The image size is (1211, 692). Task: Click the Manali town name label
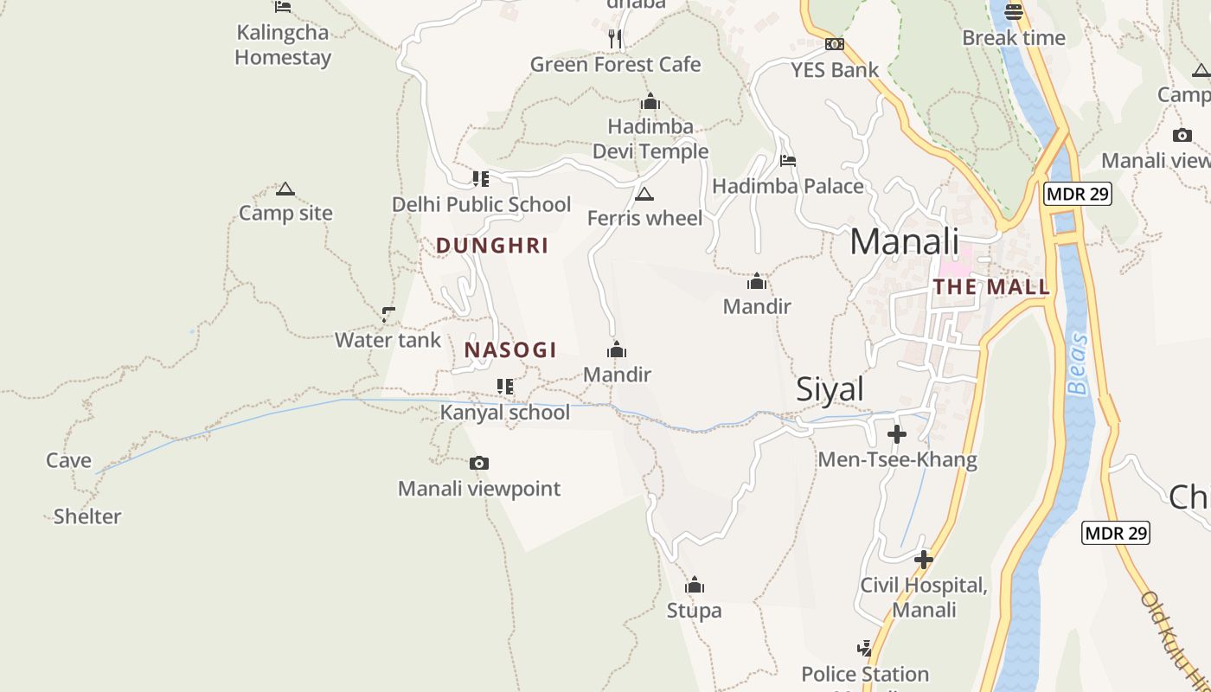point(905,241)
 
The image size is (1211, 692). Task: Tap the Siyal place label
point(830,389)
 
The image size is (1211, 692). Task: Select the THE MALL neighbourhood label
point(991,287)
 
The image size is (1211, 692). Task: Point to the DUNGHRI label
point(492,246)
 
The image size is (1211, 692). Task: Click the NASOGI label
point(510,350)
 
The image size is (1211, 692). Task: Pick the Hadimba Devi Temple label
point(650,139)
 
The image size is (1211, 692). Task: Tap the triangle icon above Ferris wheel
point(644,194)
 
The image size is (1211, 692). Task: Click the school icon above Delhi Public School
point(480,179)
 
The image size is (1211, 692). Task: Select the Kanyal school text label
point(505,413)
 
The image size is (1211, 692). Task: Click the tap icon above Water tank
point(388,314)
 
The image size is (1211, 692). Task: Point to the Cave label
point(69,461)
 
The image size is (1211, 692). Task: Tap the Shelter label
point(87,517)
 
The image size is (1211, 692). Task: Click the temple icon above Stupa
point(694,586)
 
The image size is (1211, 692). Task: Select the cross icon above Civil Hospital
point(924,560)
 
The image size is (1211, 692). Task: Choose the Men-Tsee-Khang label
point(898,459)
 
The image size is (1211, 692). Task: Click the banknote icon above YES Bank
point(835,44)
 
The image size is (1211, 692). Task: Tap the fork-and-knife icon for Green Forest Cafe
point(615,38)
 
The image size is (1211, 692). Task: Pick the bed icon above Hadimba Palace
point(787,160)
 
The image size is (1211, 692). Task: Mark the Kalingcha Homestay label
point(283,45)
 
